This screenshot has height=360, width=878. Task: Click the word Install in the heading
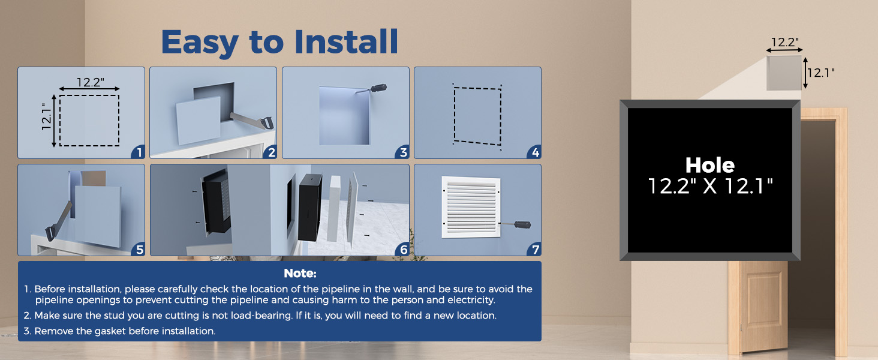[346, 41]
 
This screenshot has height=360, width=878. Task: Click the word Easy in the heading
[200, 43]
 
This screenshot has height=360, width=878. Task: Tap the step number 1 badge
[139, 152]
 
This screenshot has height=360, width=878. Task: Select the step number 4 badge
[535, 152]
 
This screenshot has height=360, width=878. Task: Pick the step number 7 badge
[535, 249]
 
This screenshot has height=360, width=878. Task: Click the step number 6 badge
[403, 249]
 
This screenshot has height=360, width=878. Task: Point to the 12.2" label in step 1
[90, 82]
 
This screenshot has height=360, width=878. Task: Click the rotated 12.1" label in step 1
[46, 116]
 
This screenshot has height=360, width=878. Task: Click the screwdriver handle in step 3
[378, 88]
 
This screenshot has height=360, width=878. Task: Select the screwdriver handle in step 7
[522, 224]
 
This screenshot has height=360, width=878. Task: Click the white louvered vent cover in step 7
[471, 207]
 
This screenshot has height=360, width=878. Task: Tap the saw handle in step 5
[50, 232]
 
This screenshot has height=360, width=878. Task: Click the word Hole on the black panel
[710, 165]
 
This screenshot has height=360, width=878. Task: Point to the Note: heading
[300, 274]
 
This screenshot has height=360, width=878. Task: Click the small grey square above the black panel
[784, 73]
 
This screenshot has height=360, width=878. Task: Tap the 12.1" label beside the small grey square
[821, 73]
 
